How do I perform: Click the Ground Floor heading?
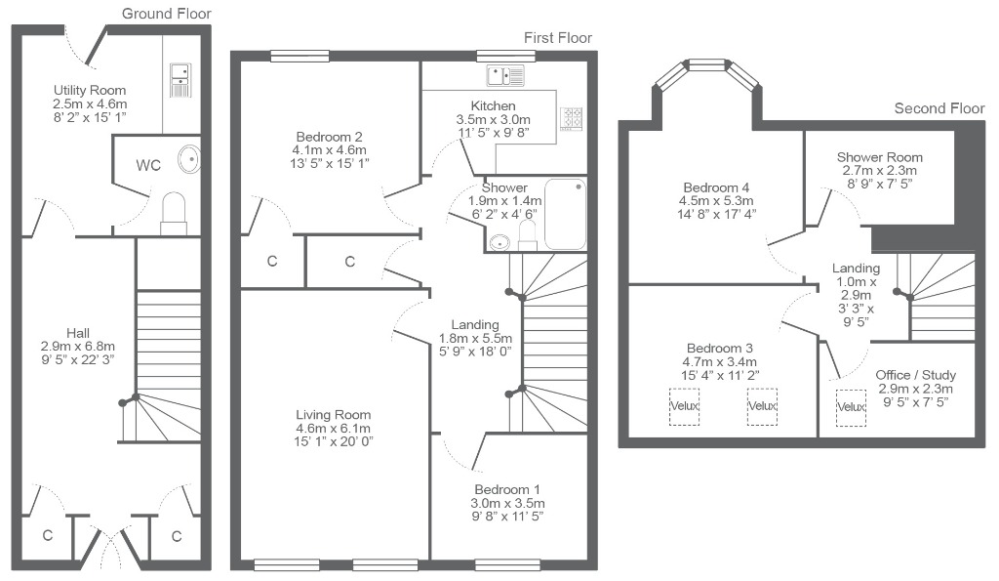(x=166, y=14)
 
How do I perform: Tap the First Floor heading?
(x=558, y=38)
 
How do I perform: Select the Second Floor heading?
(x=939, y=108)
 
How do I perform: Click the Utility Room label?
(x=90, y=91)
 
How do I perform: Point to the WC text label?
(x=148, y=166)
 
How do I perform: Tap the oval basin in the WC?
(x=189, y=159)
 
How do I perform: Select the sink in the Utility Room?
(x=180, y=80)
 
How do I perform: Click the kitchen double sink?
(x=505, y=75)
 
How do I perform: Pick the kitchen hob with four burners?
(x=572, y=118)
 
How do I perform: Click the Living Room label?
(x=334, y=415)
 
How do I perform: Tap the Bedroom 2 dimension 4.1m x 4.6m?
(x=330, y=150)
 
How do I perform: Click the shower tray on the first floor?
(x=565, y=214)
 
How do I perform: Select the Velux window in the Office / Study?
(x=851, y=407)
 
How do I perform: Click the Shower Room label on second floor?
(x=879, y=157)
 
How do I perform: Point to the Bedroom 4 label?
(x=716, y=187)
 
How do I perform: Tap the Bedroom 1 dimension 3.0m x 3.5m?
(x=507, y=503)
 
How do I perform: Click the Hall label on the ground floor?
(x=78, y=333)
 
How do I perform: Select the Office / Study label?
(x=915, y=375)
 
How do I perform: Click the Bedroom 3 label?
(x=720, y=349)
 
